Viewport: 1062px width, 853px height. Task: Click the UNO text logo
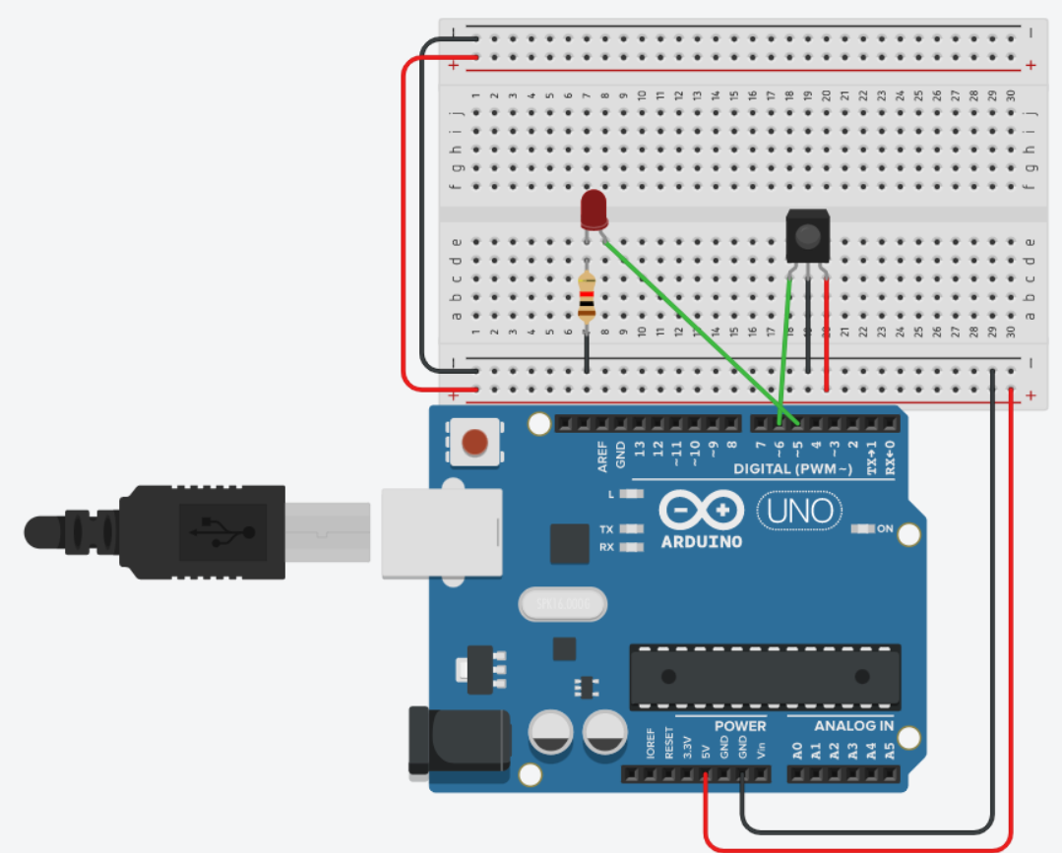[x=800, y=510]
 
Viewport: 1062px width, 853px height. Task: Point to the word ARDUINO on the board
[x=702, y=542]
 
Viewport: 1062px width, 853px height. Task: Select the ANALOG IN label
[x=853, y=726]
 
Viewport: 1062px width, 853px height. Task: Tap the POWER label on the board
[x=739, y=726]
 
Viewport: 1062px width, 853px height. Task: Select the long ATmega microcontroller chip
[x=765, y=677]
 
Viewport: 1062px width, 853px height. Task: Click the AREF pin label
[x=602, y=456]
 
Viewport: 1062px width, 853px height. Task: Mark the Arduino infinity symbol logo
[x=701, y=510]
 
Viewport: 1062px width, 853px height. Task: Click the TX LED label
[x=606, y=529]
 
